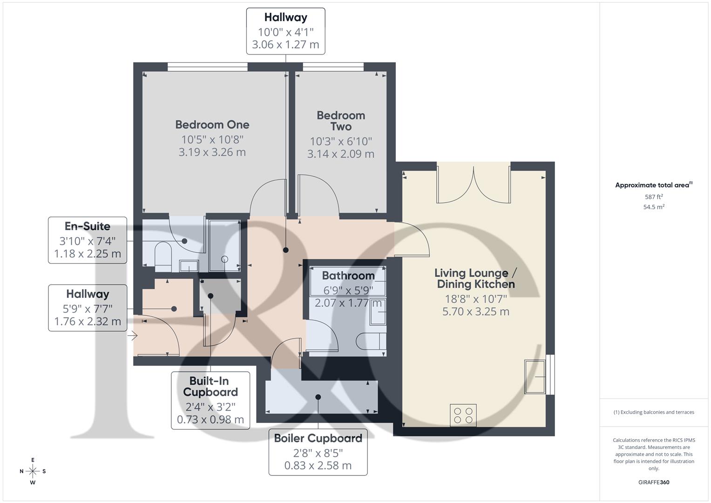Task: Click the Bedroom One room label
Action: coord(212,125)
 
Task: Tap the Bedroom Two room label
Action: coord(341,121)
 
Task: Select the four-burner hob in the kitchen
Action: coord(463,415)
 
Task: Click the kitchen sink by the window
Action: coord(535,376)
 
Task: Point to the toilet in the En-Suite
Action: coord(163,257)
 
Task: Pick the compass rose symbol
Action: coord(33,471)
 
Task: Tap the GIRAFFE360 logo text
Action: coord(653,482)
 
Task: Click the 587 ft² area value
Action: coord(653,197)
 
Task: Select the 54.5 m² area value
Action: coord(653,207)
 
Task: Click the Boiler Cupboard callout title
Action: coord(318,438)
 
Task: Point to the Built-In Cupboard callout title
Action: coord(210,387)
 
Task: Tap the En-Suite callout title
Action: coord(88,226)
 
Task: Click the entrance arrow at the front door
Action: coord(134,335)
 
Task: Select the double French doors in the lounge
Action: coord(474,186)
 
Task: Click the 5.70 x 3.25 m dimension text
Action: coord(475,312)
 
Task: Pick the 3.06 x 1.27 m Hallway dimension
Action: coord(285,45)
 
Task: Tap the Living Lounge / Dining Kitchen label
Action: coord(475,279)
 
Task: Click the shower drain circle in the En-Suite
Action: coord(225,259)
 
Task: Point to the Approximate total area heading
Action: coord(653,185)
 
